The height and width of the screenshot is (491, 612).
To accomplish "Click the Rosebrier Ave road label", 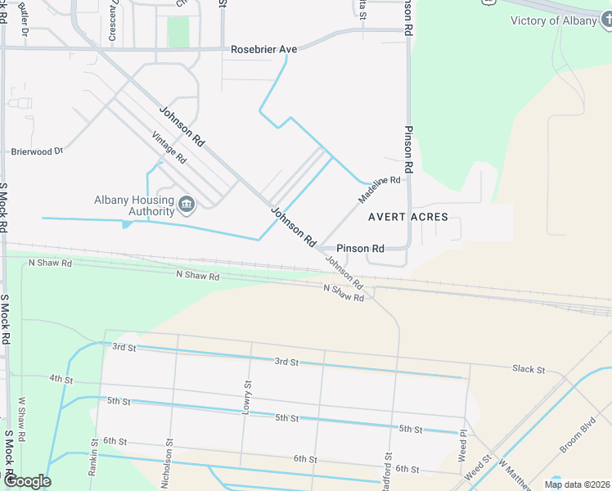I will (x=263, y=49).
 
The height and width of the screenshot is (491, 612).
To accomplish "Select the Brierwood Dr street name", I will (x=37, y=151).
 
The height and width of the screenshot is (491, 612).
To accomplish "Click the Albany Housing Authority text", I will (x=135, y=205).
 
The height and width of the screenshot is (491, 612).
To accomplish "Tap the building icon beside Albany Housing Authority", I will (x=187, y=204).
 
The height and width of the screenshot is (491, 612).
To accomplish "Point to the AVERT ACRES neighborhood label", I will (x=407, y=217).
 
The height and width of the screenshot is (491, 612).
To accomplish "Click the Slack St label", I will (x=529, y=370).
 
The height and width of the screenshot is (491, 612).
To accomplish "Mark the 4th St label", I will (x=61, y=380).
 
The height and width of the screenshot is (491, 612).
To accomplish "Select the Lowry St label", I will (x=247, y=396).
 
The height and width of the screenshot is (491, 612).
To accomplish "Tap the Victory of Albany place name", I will (x=553, y=20).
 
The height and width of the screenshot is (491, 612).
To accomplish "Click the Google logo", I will (x=28, y=481).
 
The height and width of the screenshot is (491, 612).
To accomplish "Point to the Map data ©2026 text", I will (x=577, y=484).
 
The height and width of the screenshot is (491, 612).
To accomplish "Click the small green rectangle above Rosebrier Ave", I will (x=178, y=31).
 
